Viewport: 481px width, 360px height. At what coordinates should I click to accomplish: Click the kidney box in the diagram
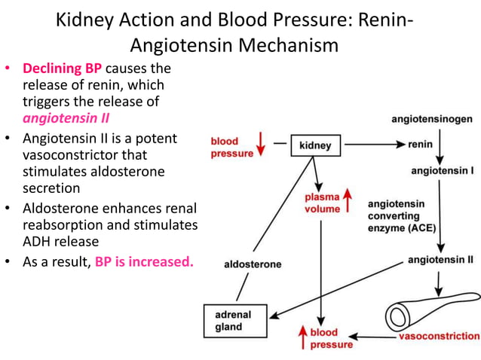[x=315, y=145]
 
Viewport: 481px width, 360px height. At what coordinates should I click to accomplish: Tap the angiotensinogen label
[x=432, y=119]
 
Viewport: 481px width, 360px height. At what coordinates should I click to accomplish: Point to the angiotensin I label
[x=442, y=171]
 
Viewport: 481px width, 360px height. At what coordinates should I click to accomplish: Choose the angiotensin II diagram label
[x=440, y=260]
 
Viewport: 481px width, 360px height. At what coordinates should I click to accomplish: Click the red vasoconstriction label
[x=439, y=336]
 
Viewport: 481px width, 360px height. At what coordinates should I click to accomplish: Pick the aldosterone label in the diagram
[x=253, y=264]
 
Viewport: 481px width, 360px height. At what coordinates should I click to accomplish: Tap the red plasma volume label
[x=322, y=203]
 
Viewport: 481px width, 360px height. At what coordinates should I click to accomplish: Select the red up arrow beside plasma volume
[x=348, y=199]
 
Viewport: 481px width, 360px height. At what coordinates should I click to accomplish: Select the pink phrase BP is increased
[x=144, y=263]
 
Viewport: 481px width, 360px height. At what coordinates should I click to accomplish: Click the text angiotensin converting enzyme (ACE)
[x=402, y=215]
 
